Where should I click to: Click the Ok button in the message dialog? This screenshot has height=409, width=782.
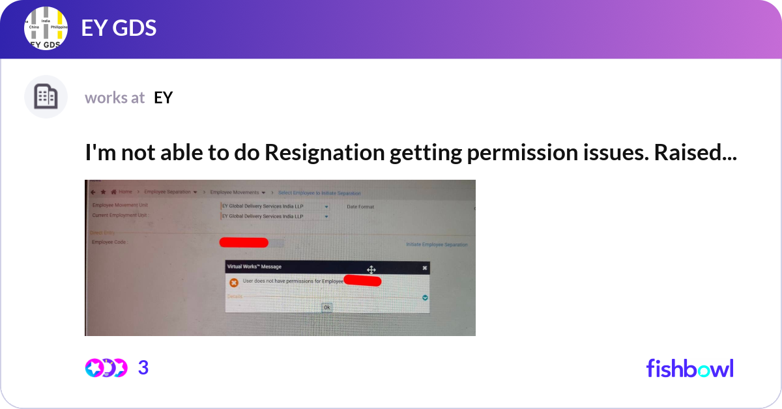point(326,307)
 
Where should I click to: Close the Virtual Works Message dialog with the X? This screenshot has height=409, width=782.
point(424,268)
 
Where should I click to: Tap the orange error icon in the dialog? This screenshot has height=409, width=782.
point(234,283)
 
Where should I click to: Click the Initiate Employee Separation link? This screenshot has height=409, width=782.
point(437,245)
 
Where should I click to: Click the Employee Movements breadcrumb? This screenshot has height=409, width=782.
point(238,193)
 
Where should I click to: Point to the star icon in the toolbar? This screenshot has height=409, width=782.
point(104,192)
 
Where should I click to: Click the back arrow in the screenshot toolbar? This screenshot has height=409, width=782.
point(93,192)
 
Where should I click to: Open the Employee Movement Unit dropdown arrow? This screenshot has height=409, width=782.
point(326,207)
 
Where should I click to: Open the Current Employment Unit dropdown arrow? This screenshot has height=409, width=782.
point(326,216)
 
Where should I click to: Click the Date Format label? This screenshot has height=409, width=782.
point(360,207)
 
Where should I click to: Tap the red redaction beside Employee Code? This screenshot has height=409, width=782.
point(244,243)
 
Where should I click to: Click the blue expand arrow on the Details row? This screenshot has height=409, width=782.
point(425,297)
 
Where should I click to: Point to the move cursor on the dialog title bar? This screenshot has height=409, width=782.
point(371,270)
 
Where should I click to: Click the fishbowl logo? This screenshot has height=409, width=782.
point(689,368)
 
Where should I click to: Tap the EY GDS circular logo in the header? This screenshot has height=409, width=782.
point(46,29)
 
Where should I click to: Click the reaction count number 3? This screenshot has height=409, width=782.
point(143,368)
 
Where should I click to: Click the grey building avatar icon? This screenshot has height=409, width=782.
point(46,97)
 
